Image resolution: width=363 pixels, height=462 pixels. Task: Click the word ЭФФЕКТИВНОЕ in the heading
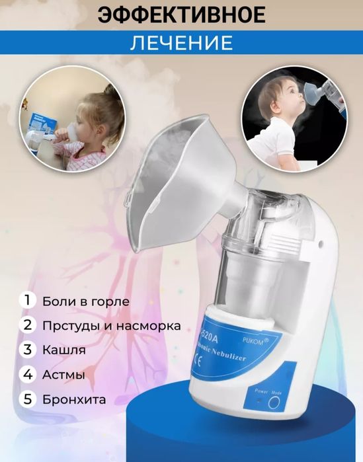181,15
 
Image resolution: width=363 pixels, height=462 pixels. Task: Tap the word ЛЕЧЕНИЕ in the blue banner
181,43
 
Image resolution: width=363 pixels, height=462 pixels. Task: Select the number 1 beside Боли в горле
28,301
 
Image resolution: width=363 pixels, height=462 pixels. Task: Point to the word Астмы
63,375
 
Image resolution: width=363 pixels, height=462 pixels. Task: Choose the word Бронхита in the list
73,399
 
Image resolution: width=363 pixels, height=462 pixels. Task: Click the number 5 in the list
28,399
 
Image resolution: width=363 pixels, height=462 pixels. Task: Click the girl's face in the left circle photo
82,122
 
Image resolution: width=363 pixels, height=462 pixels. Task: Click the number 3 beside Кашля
28,350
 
